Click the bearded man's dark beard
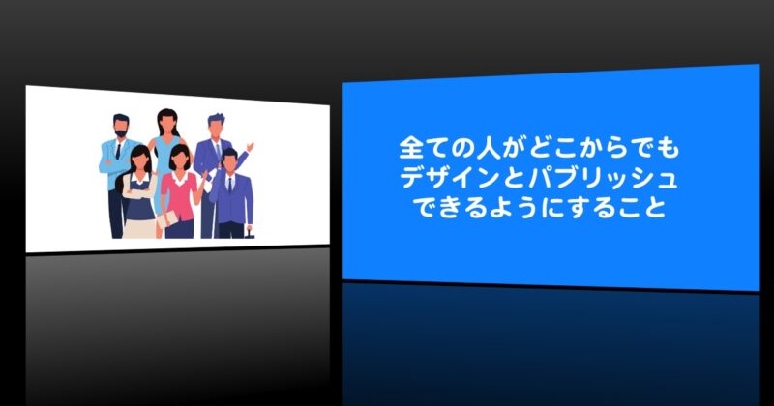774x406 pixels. pyautogui.click(x=120, y=133)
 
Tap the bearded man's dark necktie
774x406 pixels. pyautogui.click(x=118, y=151)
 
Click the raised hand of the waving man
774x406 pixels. pyautogui.click(x=250, y=147)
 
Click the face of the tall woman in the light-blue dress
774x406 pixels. pyautogui.click(x=167, y=126)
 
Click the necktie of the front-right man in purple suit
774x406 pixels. pyautogui.click(x=230, y=185)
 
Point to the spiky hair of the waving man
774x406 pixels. pyautogui.click(x=216, y=119)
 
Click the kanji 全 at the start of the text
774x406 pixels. pyautogui.click(x=410, y=149)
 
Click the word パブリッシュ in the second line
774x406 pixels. pyautogui.click(x=602, y=178)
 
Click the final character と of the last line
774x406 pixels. pyautogui.click(x=655, y=207)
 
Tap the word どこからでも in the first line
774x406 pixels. pyautogui.click(x=604, y=149)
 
